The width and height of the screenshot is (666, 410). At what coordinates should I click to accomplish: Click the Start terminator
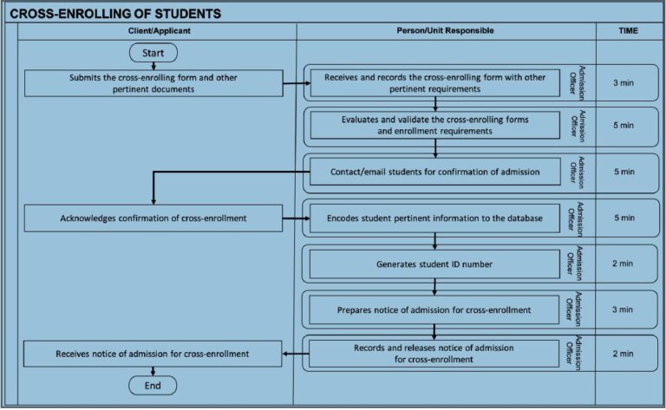point(153,53)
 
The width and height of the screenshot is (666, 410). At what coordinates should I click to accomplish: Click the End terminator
point(153,384)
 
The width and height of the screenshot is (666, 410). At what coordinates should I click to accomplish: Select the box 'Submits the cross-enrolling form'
point(153,83)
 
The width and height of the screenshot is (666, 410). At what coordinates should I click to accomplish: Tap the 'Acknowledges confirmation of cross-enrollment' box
point(153,218)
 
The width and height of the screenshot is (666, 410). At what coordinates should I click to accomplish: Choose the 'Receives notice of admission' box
point(153,353)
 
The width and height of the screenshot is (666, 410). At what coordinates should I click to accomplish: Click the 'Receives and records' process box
point(434,83)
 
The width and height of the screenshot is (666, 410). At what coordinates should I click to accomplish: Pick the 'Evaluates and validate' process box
point(434,125)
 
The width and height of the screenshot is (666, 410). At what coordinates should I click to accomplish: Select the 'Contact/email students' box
point(434,172)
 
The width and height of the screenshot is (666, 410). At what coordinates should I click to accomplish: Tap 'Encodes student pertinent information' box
point(434,218)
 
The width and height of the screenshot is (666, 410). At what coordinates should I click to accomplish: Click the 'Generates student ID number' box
point(434,264)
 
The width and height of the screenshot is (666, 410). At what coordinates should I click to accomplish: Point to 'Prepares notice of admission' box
point(434,309)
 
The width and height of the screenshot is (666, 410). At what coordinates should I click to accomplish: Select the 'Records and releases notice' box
point(434,353)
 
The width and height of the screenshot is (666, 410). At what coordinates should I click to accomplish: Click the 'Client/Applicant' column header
point(159,31)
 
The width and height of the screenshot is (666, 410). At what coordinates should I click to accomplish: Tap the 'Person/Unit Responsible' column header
point(445,31)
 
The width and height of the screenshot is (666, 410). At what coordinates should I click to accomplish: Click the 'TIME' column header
point(629,31)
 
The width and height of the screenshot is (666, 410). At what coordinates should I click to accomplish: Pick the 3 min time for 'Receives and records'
point(624,83)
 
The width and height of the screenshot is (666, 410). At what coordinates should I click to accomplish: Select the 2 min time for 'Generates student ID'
point(624,264)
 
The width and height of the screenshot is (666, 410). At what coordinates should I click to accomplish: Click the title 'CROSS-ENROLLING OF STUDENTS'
point(114,14)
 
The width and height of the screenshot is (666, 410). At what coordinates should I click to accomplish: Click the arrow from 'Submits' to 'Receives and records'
point(297,84)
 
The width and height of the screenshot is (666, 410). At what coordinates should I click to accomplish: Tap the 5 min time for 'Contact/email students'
point(624,172)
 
